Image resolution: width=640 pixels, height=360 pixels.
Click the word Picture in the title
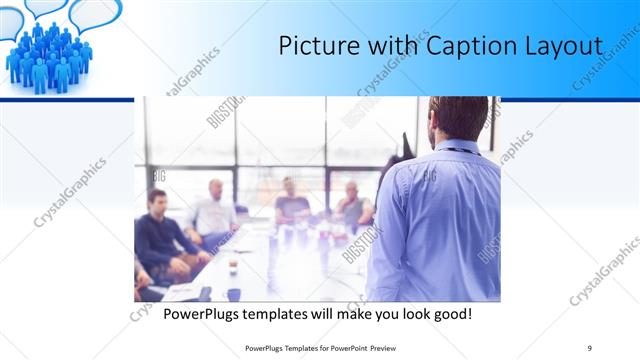tap(315, 46)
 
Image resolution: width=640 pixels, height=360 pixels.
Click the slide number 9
tap(589, 347)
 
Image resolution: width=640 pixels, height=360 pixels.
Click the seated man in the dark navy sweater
tap(159, 230)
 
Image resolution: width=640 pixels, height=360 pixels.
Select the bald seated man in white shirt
tap(213, 210)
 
